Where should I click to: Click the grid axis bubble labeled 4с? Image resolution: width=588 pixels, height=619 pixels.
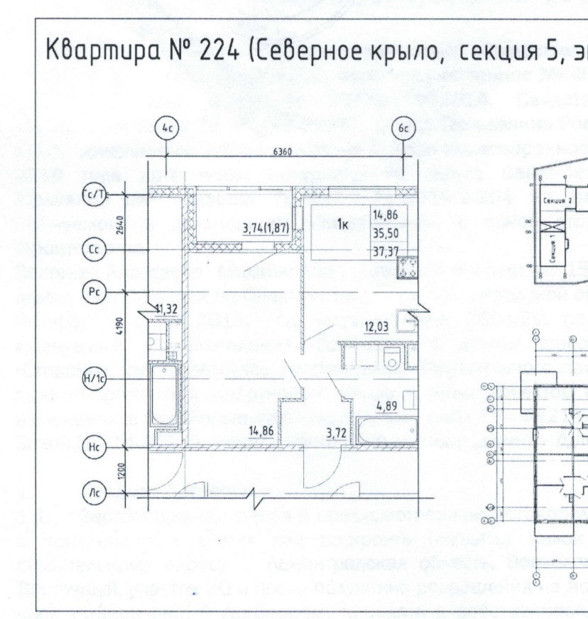[166, 129]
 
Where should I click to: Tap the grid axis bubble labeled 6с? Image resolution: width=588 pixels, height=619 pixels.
[403, 129]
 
